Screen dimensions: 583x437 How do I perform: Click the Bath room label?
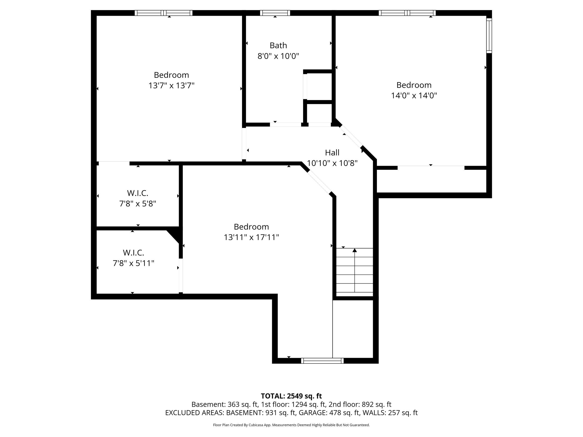click(278, 46)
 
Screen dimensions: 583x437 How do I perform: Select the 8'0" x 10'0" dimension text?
click(278, 56)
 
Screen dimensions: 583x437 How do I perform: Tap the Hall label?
click(332, 152)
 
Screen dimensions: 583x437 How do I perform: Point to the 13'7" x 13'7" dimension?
click(171, 86)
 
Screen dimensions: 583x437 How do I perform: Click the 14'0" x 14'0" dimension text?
click(414, 96)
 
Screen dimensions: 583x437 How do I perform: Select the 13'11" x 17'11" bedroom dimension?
click(251, 237)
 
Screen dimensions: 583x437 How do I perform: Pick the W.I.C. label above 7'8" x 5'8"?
click(138, 193)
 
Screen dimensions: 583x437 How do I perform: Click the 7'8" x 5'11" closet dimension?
click(133, 263)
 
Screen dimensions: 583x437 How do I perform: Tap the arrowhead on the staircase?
click(355, 250)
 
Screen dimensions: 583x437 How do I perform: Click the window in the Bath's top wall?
click(275, 13)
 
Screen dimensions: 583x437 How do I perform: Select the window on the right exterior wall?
click(489, 36)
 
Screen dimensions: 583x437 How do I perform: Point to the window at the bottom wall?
click(322, 361)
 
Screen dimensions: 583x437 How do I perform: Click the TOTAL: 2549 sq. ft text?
click(291, 396)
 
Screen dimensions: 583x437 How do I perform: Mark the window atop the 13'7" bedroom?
click(164, 13)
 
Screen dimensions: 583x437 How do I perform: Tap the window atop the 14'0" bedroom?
click(407, 13)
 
